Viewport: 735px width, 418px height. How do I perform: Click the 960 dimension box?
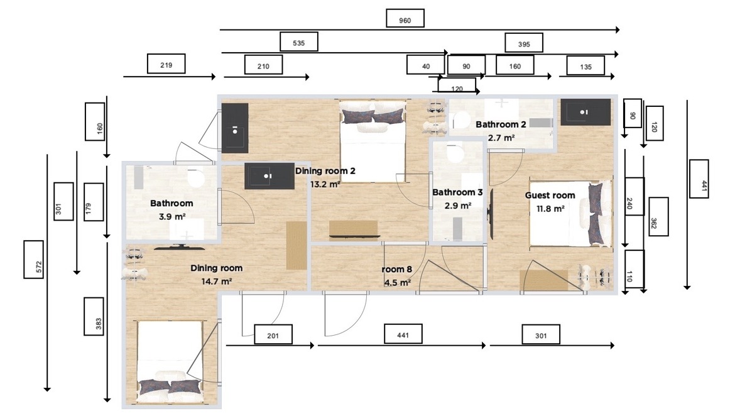point(405,18)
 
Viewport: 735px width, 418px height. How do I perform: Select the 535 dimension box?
point(298,41)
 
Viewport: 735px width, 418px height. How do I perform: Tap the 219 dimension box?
point(166,64)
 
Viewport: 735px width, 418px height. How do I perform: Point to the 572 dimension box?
point(34,260)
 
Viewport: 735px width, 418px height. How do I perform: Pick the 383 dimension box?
point(94,317)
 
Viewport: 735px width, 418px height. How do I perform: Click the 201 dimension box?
point(273,334)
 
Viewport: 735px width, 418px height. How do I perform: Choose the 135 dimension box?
point(585,65)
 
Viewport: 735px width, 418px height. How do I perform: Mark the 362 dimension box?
point(658,217)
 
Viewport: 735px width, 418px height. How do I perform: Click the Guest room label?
point(550,195)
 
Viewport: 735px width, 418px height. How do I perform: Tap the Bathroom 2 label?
point(501,124)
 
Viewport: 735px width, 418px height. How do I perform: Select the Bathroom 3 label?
point(457,192)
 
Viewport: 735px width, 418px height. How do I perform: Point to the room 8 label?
point(396,269)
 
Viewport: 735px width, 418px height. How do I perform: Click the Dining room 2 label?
point(325,171)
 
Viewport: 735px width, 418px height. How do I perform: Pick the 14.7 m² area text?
point(216,282)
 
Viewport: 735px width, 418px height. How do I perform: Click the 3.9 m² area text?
point(171,217)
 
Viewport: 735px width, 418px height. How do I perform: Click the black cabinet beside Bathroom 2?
point(585,112)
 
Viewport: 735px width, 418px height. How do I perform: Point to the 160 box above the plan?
point(514,65)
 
